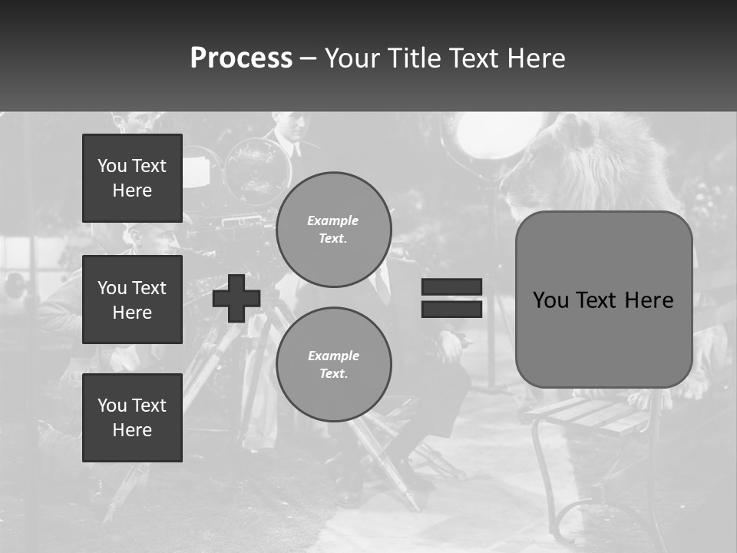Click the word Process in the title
point(241,58)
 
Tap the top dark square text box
point(132,178)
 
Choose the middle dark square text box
point(132,300)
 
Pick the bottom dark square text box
point(132,418)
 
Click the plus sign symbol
point(236,298)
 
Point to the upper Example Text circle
point(333,229)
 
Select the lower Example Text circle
point(333,364)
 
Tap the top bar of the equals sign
point(451,286)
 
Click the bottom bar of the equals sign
point(451,309)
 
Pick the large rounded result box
point(603,300)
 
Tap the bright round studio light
point(481,135)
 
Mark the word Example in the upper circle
point(332,220)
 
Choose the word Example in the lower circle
point(333,356)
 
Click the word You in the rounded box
point(550,300)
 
